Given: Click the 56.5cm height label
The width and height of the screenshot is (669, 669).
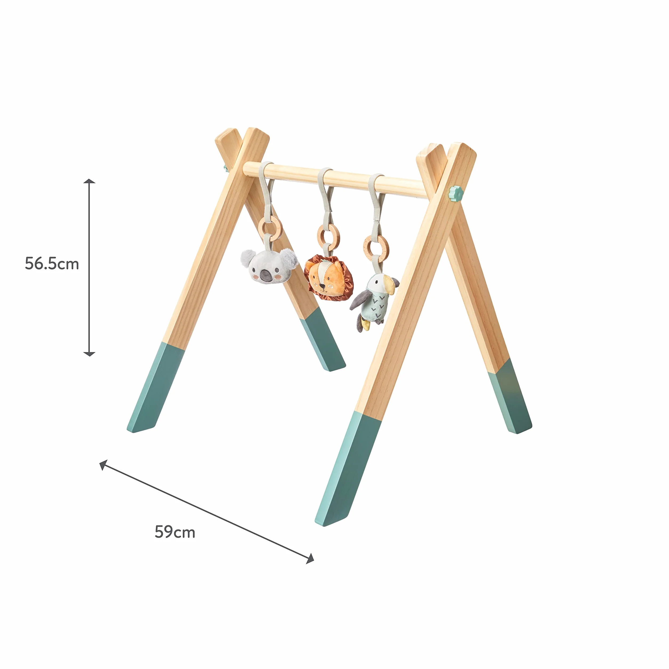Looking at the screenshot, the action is point(52,264).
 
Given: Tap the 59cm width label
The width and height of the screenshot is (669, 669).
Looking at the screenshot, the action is point(175,532).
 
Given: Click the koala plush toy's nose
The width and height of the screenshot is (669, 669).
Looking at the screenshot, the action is point(266,275).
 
